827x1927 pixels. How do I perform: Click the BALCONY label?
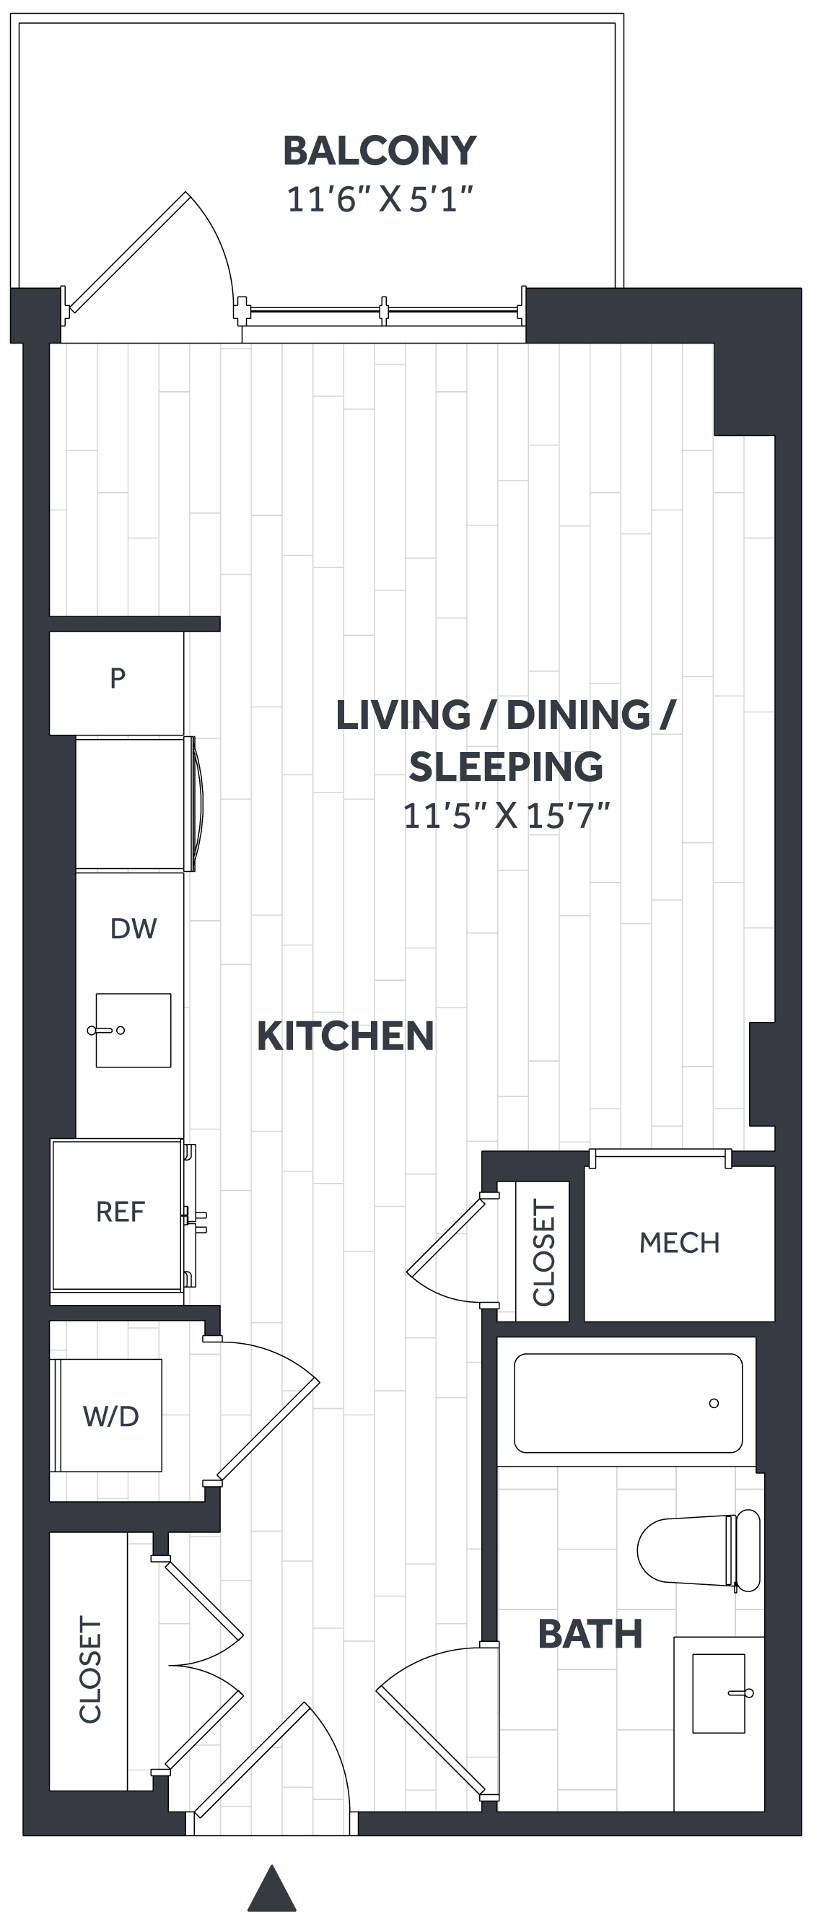click(379, 150)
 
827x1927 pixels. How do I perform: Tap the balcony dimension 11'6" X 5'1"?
click(380, 200)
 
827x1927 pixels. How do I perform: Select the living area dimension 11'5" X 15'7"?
click(506, 816)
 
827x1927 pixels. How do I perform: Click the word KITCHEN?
click(345, 1036)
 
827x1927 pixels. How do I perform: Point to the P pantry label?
click(118, 678)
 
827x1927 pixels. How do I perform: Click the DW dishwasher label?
click(133, 928)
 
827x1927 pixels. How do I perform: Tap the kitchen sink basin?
click(133, 1030)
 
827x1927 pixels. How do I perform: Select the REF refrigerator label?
click(120, 1212)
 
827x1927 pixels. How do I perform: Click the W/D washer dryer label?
click(110, 1416)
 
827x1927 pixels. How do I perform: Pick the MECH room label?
click(679, 1243)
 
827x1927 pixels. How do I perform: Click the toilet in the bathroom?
click(699, 1550)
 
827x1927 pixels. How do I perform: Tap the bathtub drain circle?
click(714, 1403)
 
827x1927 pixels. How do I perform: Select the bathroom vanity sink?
click(719, 1693)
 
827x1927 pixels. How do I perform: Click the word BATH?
click(590, 1634)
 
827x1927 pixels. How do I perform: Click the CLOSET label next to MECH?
click(543, 1253)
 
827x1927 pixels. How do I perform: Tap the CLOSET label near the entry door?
click(89, 1669)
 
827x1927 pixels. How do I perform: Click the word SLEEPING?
click(505, 766)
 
